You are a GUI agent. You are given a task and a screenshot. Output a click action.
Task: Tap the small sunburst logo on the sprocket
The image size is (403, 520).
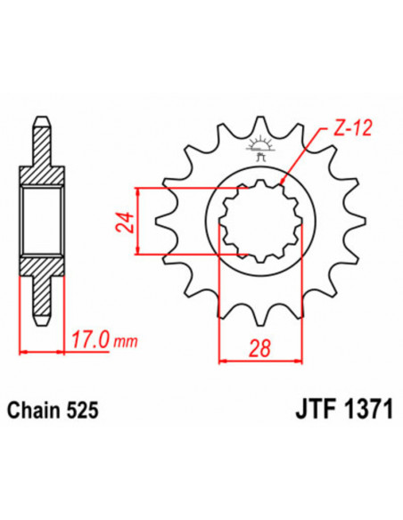[x=260, y=144]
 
